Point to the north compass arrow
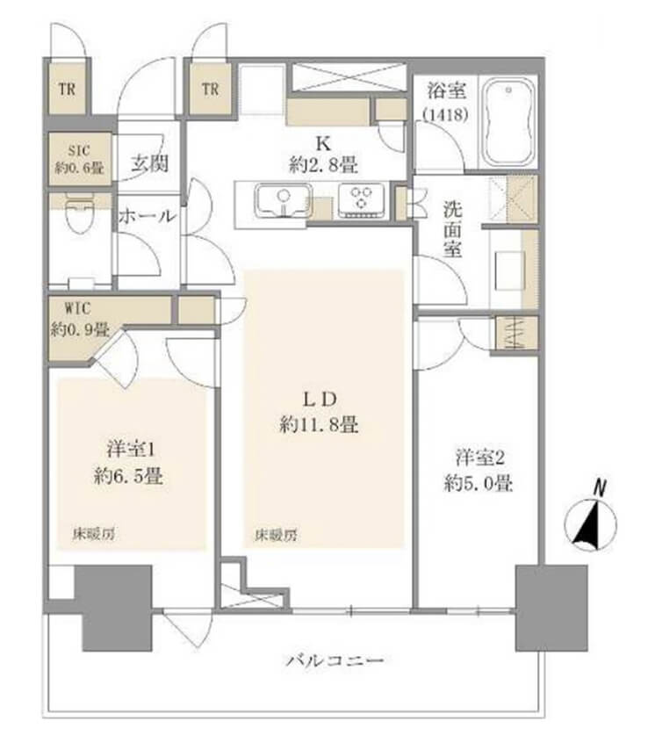coord(589,524)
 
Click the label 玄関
coord(151,163)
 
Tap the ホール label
coord(147,216)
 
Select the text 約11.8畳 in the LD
coord(318,426)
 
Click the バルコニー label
coord(335,660)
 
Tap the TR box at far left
coord(66,89)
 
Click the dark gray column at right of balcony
coord(551,606)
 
